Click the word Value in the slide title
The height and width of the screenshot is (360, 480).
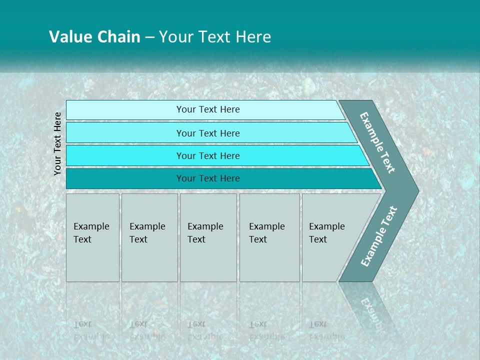click(70, 37)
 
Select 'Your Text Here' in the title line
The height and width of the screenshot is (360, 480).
click(215, 37)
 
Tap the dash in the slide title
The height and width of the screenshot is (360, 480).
click(149, 37)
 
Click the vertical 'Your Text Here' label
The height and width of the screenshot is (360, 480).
click(57, 143)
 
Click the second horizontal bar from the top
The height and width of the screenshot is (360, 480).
click(207, 133)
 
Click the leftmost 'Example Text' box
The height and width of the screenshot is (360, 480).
click(92, 237)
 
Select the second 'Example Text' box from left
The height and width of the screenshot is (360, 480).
click(149, 237)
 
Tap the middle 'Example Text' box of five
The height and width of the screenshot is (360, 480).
click(208, 237)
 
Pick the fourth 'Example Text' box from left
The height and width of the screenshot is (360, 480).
click(269, 237)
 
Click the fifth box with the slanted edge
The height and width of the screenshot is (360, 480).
click(330, 237)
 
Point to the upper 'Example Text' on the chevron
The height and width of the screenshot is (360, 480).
click(378, 142)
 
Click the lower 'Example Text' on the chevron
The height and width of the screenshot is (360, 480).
click(379, 236)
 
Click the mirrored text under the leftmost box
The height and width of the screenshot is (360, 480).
click(91, 330)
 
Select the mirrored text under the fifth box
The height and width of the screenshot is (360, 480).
click(326, 330)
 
